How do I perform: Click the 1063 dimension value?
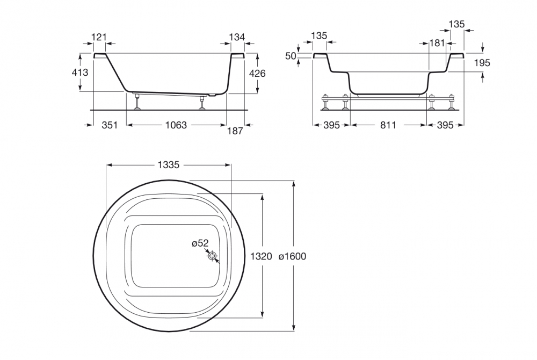[176, 125]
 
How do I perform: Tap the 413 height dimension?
[80, 73]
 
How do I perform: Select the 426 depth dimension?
[257, 73]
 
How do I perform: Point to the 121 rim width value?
[99, 37]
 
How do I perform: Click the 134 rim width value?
[237, 37]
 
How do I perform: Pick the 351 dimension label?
[110, 125]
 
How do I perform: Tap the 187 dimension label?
[235, 131]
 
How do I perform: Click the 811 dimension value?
[388, 125]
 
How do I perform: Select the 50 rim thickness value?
[291, 56]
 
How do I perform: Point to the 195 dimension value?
[482, 63]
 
